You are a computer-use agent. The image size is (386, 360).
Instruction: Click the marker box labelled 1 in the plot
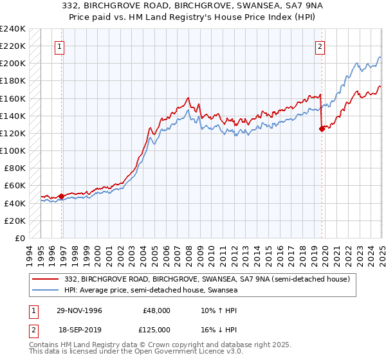(x=59, y=46)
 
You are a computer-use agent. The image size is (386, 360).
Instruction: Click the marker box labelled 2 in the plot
(x=320, y=46)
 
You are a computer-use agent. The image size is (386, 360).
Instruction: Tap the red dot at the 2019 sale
(x=322, y=129)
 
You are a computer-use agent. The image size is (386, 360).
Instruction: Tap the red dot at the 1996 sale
(x=62, y=196)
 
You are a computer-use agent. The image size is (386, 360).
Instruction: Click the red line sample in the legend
(x=45, y=279)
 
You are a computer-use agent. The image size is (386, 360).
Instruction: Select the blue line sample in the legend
(x=45, y=291)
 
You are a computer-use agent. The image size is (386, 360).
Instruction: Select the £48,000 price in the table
(x=156, y=310)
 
